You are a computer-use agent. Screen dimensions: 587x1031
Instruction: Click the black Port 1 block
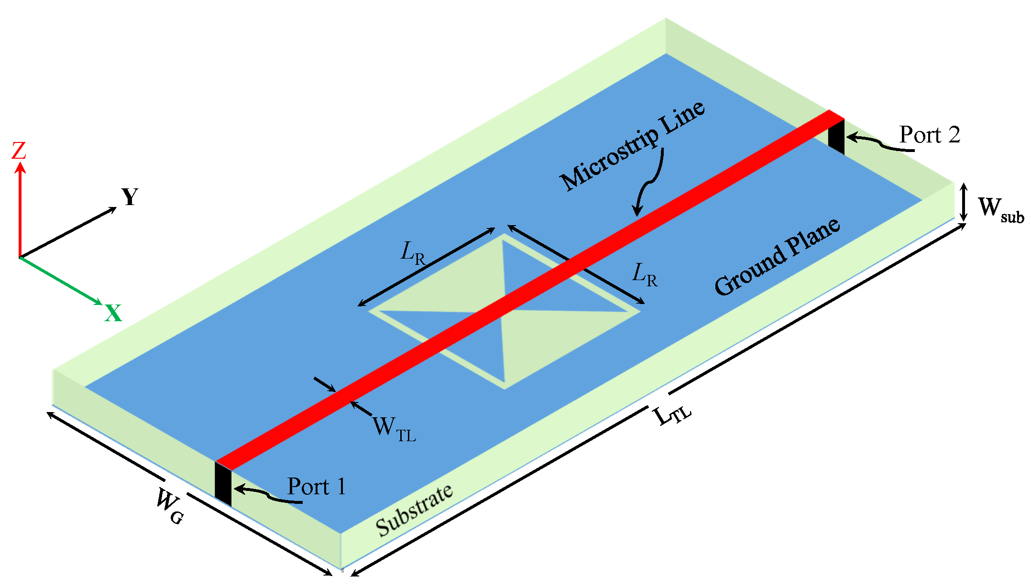tap(223, 484)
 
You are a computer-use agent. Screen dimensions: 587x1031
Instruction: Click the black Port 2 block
tap(836, 136)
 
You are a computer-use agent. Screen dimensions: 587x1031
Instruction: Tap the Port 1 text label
tap(316, 487)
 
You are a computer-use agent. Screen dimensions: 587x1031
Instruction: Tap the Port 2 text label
tap(929, 135)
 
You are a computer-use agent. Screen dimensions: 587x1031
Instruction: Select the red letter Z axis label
tap(19, 151)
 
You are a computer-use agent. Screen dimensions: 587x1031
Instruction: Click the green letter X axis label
tap(113, 314)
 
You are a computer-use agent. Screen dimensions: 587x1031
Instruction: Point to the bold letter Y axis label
tap(130, 197)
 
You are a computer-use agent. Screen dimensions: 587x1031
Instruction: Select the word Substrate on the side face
tap(414, 510)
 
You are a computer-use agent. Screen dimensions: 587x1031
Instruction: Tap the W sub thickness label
tap(999, 209)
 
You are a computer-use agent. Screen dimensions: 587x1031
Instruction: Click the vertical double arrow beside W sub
tap(964, 202)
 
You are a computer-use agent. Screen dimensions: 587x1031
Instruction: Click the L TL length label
tap(671, 415)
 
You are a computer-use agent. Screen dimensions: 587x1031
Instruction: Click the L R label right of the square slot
tap(645, 275)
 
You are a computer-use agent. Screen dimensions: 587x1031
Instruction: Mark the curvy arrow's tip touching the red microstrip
tap(636, 215)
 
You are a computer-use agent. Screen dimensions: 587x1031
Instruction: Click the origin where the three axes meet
tap(20, 258)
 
